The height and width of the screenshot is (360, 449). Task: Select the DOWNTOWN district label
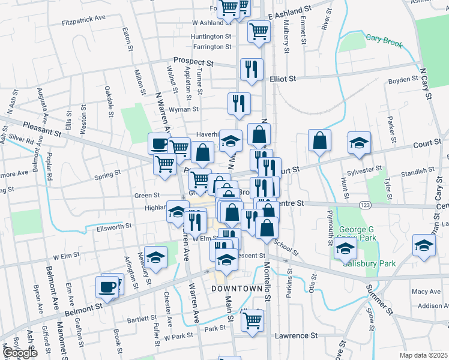pyautogui.click(x=237, y=289)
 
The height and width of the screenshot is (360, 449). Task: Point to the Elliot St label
pyautogui.click(x=283, y=79)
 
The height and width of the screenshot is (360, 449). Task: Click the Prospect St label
pyautogui.click(x=193, y=61)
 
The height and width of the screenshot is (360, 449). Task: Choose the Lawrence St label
pyautogui.click(x=296, y=336)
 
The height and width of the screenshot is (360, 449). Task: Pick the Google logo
pyautogui.click(x=20, y=353)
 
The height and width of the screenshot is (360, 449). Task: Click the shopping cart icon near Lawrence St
pyautogui.click(x=253, y=320)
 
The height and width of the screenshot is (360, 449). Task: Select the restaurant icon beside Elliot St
pyautogui.click(x=251, y=69)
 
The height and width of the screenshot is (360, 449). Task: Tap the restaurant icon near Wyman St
pyautogui.click(x=239, y=103)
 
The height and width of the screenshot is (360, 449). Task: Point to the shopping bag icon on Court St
pyautogui.click(x=319, y=141)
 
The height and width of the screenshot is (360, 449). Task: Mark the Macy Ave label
pyautogui.click(x=427, y=292)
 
